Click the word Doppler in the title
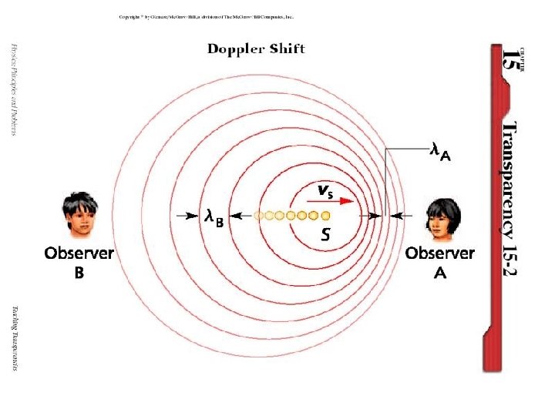[x=235, y=49]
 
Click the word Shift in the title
[x=286, y=49]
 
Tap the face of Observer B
[x=80, y=216]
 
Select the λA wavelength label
[x=440, y=153]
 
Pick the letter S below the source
[x=326, y=235]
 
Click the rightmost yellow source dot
[x=325, y=216]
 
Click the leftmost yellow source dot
[x=259, y=216]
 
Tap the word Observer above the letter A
[x=439, y=253]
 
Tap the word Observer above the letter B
[x=79, y=253]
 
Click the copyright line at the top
[x=206, y=17]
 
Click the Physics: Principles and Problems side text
[x=13, y=88]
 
